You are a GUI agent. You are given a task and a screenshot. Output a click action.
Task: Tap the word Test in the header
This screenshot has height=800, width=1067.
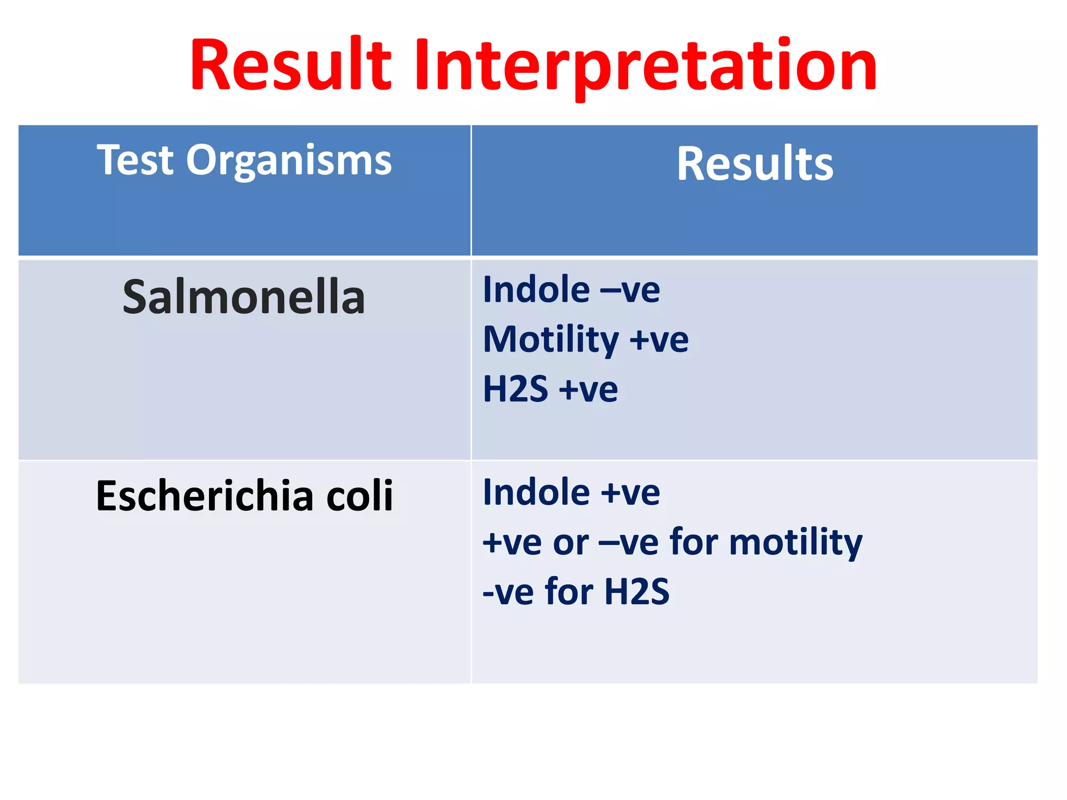coord(135,160)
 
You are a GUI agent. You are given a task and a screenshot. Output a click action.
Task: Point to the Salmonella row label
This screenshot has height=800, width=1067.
coord(244,297)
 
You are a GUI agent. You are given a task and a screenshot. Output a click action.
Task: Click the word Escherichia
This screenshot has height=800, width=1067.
coord(205,496)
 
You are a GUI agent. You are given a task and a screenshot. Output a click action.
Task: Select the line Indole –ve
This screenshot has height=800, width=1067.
coord(571,290)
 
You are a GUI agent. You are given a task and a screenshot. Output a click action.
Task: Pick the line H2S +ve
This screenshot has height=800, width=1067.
coord(550,389)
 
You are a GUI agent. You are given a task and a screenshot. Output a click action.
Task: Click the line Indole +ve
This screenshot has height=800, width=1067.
coord(571,492)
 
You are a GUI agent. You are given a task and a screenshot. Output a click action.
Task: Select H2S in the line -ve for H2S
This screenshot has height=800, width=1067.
coord(637,592)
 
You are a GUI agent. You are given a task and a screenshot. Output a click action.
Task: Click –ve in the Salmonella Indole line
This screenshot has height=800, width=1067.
coord(630,291)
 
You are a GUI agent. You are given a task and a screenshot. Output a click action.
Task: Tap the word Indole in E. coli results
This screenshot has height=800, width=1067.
coord(536,492)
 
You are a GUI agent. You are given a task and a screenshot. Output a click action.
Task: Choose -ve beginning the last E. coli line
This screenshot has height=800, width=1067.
coord(508,593)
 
